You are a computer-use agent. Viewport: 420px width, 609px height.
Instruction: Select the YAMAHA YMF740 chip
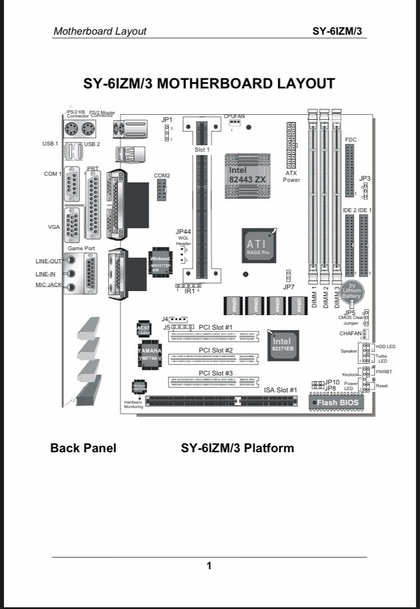click(147, 354)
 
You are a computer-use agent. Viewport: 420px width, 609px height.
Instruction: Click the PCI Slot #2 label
click(216, 350)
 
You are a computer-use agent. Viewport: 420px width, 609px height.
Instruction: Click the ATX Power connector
click(291, 146)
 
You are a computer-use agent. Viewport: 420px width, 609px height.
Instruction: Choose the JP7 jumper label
click(288, 287)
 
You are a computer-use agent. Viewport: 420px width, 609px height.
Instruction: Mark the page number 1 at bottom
click(209, 566)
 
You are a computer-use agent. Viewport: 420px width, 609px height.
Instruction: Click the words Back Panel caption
click(83, 448)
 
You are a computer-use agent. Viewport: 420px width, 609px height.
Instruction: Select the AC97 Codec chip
click(143, 330)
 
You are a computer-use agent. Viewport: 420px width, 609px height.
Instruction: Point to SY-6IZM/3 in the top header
click(337, 31)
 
